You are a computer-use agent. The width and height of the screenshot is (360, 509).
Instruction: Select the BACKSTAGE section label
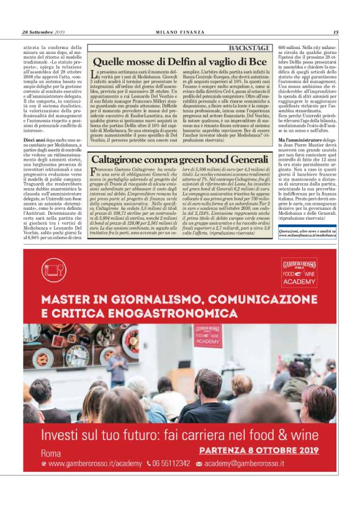pyautogui.click(x=250, y=48)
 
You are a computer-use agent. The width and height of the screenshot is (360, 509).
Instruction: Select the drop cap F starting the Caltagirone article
pyautogui.click(x=92, y=154)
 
